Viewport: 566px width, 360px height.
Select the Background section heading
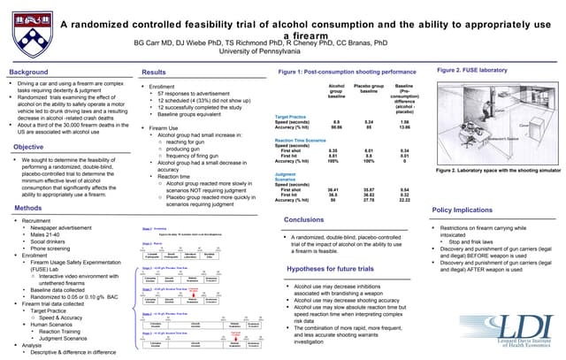tap(28, 71)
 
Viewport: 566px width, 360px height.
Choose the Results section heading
tap(154, 71)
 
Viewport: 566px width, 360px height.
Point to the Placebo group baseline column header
tap(368, 89)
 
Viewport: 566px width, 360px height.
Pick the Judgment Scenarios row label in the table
tap(292, 176)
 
